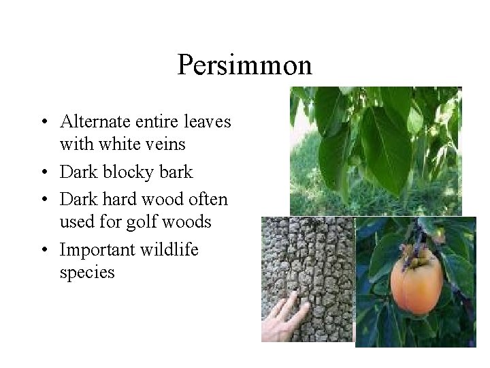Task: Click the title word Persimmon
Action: point(244,65)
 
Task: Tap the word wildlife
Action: point(169,251)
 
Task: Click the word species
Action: point(87,273)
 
